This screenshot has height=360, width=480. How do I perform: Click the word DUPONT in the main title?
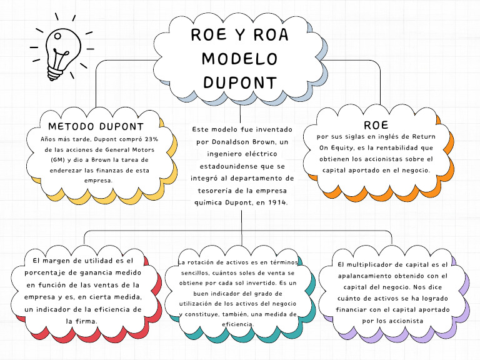(x=240, y=82)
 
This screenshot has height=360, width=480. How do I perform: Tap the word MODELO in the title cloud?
(x=240, y=59)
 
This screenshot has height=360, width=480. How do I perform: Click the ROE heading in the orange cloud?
(x=376, y=125)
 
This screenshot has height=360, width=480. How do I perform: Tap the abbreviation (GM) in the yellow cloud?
(x=58, y=159)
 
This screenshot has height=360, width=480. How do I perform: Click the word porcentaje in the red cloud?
(x=49, y=272)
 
